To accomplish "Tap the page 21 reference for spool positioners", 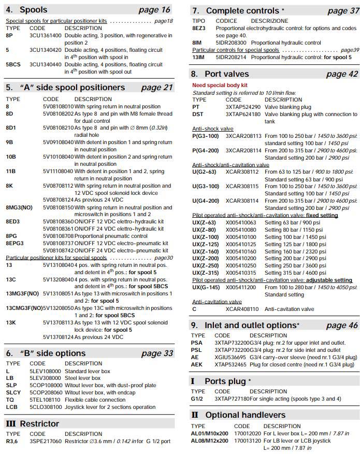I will click(x=157, y=88).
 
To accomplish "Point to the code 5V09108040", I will click(x=58, y=142).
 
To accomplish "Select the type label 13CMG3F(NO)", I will click(x=24, y=308).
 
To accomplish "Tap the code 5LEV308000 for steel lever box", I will click(x=46, y=378).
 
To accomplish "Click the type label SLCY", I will click(x=13, y=393).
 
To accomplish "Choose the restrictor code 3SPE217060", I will click(x=46, y=441).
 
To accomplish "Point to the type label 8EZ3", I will click(x=199, y=29).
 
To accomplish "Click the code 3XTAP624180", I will click(x=243, y=114).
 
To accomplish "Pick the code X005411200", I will click(x=241, y=287).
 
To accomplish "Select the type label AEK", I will click(x=197, y=364).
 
